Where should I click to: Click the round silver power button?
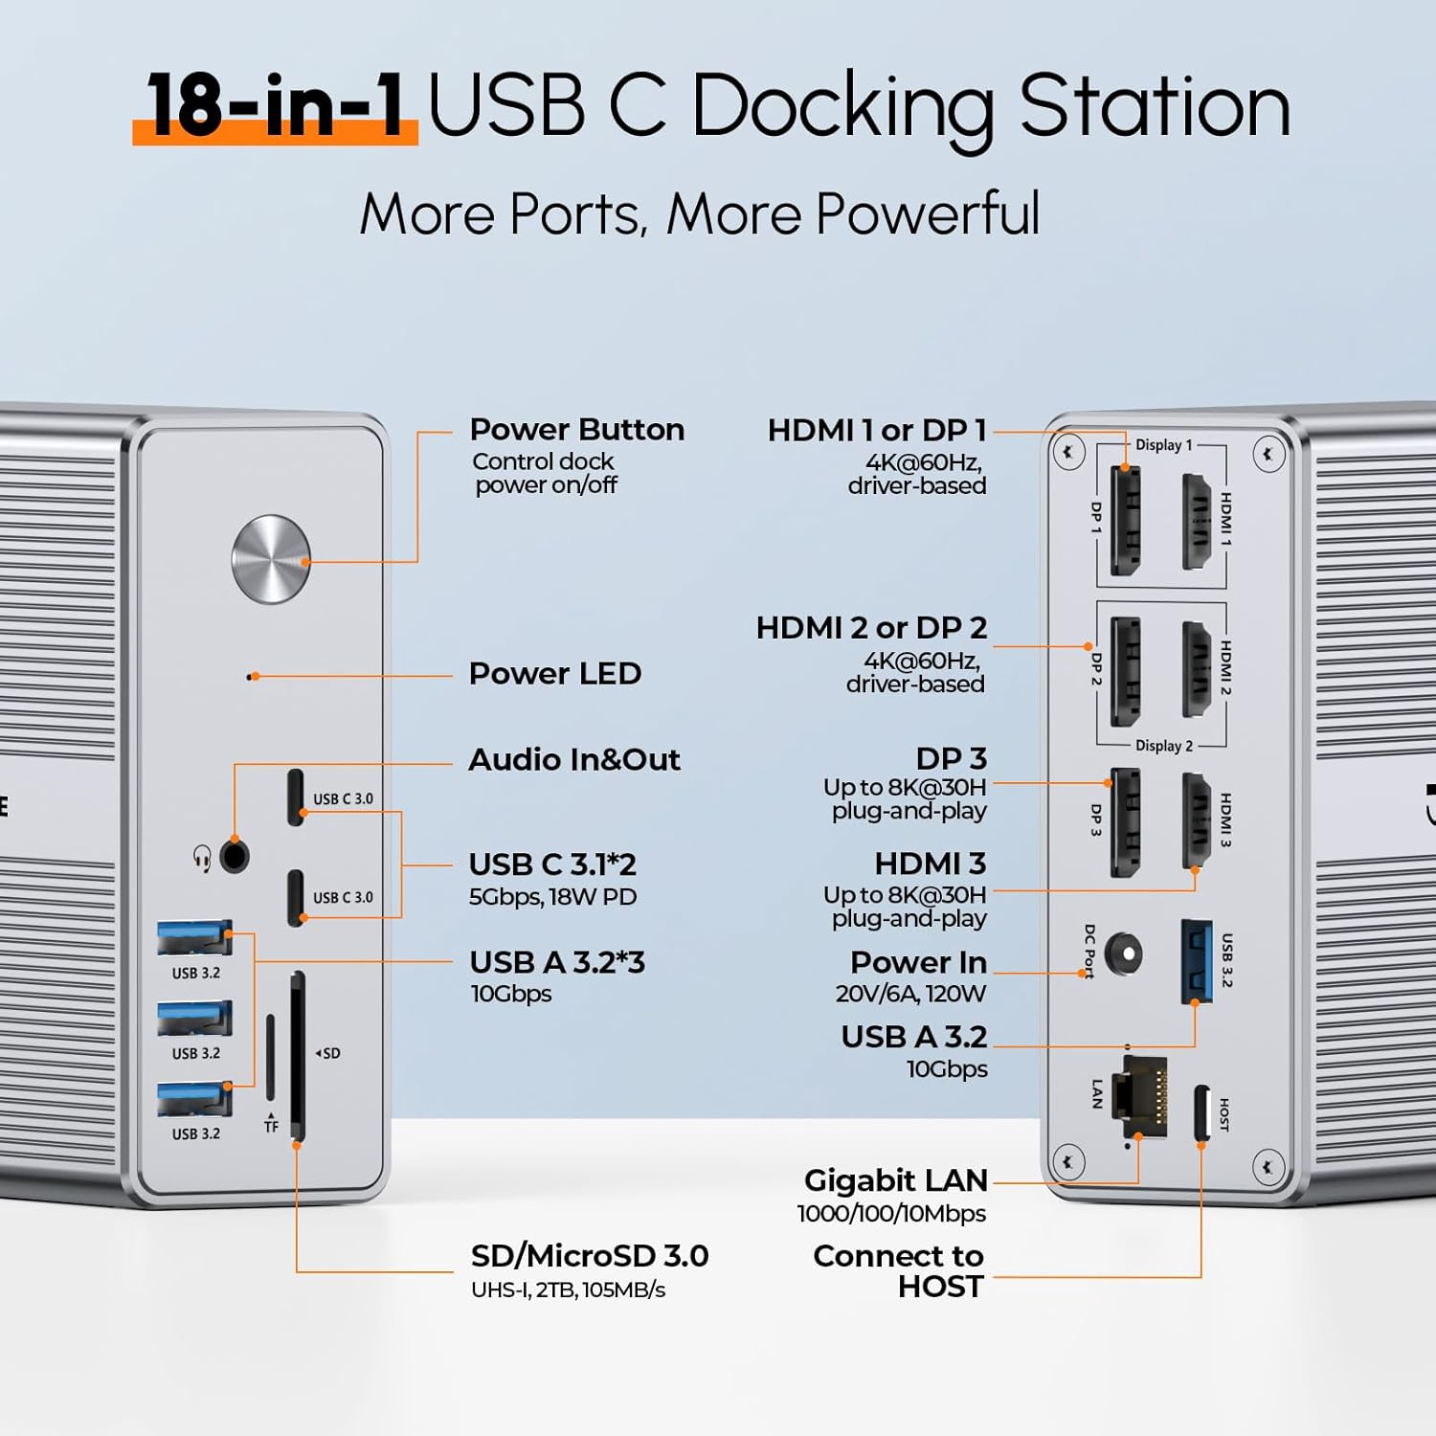[271, 559]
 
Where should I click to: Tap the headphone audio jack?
[235, 856]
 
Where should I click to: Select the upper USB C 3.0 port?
[296, 797]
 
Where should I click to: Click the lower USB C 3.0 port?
[296, 897]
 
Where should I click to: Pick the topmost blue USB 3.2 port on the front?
[194, 938]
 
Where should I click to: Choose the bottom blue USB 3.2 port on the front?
[194, 1099]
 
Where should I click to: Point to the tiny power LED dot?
[251, 677]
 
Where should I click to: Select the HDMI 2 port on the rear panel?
[1197, 669]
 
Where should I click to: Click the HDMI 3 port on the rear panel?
[1197, 820]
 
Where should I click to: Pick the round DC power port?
[1123, 954]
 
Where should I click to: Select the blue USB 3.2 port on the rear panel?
[1196, 960]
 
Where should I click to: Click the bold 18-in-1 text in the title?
[276, 105]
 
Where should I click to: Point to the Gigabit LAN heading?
[895, 1180]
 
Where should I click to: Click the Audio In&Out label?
[574, 760]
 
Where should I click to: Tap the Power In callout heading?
[917, 962]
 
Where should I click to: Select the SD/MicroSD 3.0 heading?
[589, 1256]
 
